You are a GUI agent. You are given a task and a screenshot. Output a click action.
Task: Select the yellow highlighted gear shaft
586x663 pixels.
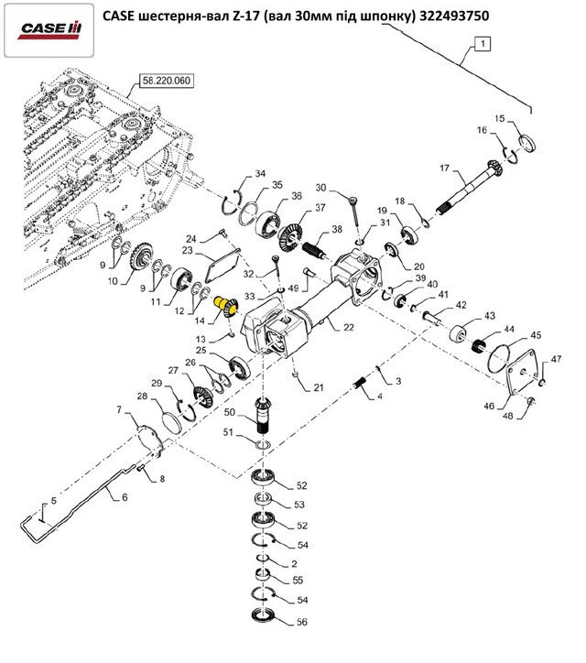[222, 305]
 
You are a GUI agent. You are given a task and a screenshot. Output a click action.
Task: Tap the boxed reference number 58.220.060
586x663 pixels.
[165, 81]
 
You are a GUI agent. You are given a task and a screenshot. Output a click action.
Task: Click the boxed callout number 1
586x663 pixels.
[483, 43]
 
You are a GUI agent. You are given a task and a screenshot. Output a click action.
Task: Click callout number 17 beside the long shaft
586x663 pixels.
[444, 168]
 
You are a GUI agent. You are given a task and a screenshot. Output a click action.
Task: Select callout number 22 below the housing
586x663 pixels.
[348, 327]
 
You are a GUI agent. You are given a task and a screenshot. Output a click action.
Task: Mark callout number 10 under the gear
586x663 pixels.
[114, 282]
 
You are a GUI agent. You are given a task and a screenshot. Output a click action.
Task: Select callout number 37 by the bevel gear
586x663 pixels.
[320, 209]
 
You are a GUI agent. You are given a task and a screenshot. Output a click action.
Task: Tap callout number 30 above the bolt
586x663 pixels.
[321, 188]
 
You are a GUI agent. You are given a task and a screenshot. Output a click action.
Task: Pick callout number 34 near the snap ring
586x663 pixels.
[260, 174]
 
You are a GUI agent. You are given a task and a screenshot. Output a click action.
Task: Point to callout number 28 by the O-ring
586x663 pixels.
[142, 397]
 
